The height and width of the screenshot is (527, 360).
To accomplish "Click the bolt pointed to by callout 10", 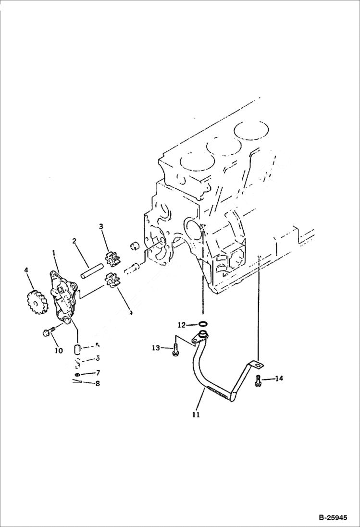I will [x=48, y=332].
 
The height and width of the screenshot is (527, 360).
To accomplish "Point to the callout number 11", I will [x=196, y=414].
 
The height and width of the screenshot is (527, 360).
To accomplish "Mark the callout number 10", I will [x=58, y=351].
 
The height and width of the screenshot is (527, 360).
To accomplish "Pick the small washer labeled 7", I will [x=78, y=374].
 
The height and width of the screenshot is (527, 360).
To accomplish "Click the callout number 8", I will [x=98, y=383].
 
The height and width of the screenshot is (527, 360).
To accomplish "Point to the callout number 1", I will [x=54, y=252].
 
